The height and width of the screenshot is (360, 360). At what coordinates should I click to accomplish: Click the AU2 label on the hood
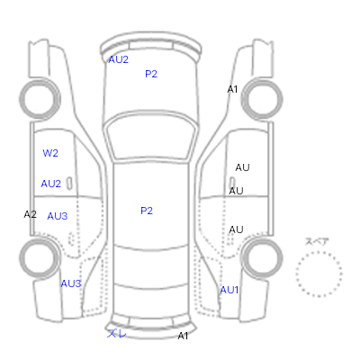[x=118, y=59]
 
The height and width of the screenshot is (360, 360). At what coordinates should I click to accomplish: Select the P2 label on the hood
[x=151, y=74]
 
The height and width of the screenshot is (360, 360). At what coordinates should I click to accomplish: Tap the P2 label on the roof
[x=147, y=211]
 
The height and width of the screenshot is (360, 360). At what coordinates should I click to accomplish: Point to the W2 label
[x=50, y=153]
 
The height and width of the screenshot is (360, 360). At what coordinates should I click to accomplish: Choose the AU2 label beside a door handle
[x=50, y=184]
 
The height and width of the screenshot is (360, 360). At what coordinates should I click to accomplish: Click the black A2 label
[x=31, y=214]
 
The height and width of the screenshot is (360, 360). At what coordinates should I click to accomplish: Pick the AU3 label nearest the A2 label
[x=58, y=216]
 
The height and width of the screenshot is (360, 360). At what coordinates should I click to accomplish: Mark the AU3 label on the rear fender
[x=71, y=283]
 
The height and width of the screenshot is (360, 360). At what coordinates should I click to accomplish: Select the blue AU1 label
[x=229, y=290]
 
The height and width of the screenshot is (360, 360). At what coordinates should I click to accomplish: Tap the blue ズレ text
[x=117, y=333]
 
